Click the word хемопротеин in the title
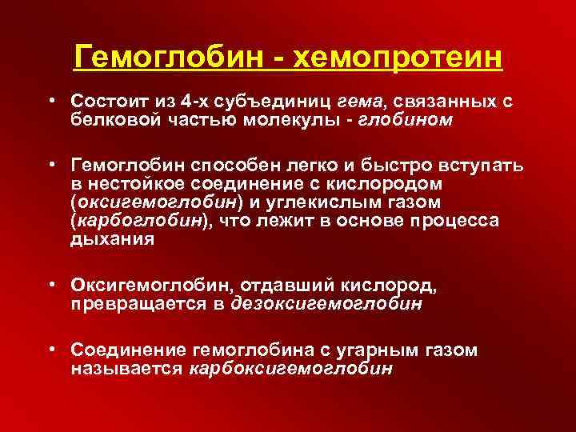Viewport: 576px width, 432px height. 397,58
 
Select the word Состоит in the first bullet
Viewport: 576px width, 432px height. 104,103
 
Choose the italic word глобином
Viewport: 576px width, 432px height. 409,119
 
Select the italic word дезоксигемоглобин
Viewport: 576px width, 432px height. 326,303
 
